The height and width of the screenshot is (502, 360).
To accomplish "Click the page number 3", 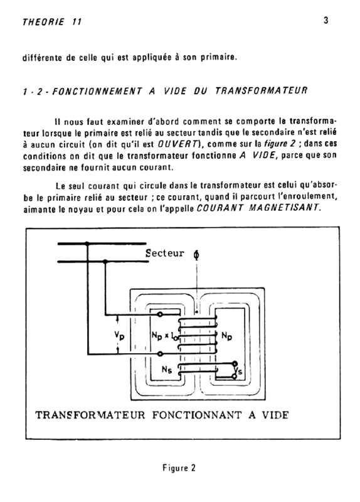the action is click(x=326, y=21).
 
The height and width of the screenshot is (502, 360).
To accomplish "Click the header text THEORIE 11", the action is click(x=52, y=22).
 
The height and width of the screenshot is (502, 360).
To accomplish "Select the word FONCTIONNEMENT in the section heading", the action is click(x=97, y=91).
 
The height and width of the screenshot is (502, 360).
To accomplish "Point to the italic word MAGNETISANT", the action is click(x=284, y=208).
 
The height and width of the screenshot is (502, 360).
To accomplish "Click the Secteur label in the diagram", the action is click(x=165, y=254).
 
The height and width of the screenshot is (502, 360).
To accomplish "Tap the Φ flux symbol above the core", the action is click(x=196, y=255).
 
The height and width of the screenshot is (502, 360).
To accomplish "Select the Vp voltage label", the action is click(x=119, y=335).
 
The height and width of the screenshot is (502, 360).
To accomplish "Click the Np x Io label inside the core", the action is click(x=164, y=336).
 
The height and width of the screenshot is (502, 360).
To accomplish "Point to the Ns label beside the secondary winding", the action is click(x=167, y=370).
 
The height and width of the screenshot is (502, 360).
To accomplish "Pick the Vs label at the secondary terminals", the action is click(x=239, y=371).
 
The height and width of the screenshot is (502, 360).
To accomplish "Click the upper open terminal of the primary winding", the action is click(x=160, y=314).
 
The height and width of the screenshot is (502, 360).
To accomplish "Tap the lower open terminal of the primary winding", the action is click(x=161, y=354).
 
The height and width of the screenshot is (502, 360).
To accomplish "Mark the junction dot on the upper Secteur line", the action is click(x=87, y=243).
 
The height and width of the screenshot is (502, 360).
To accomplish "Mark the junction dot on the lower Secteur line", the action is click(x=105, y=262).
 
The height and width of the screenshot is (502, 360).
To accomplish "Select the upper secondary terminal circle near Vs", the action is click(x=235, y=363).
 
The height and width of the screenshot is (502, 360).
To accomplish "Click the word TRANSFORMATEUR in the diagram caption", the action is click(x=90, y=415).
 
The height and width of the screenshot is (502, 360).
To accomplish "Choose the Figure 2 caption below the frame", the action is click(x=179, y=467).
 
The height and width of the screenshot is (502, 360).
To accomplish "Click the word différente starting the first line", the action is click(x=42, y=58).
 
